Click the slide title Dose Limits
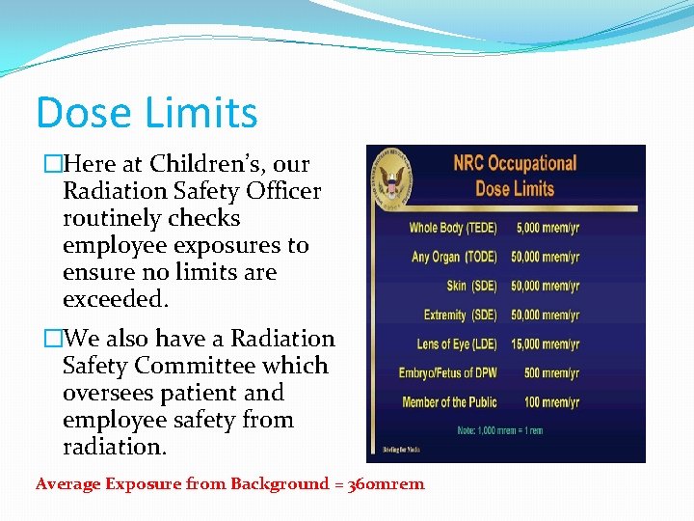click(147, 113)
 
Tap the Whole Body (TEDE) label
click(451, 229)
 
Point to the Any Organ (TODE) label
click(453, 258)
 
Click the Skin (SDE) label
click(469, 287)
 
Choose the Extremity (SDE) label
click(458, 315)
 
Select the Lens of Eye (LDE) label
click(455, 344)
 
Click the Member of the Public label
click(448, 402)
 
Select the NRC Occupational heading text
click(514, 163)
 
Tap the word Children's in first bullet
click(229, 163)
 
